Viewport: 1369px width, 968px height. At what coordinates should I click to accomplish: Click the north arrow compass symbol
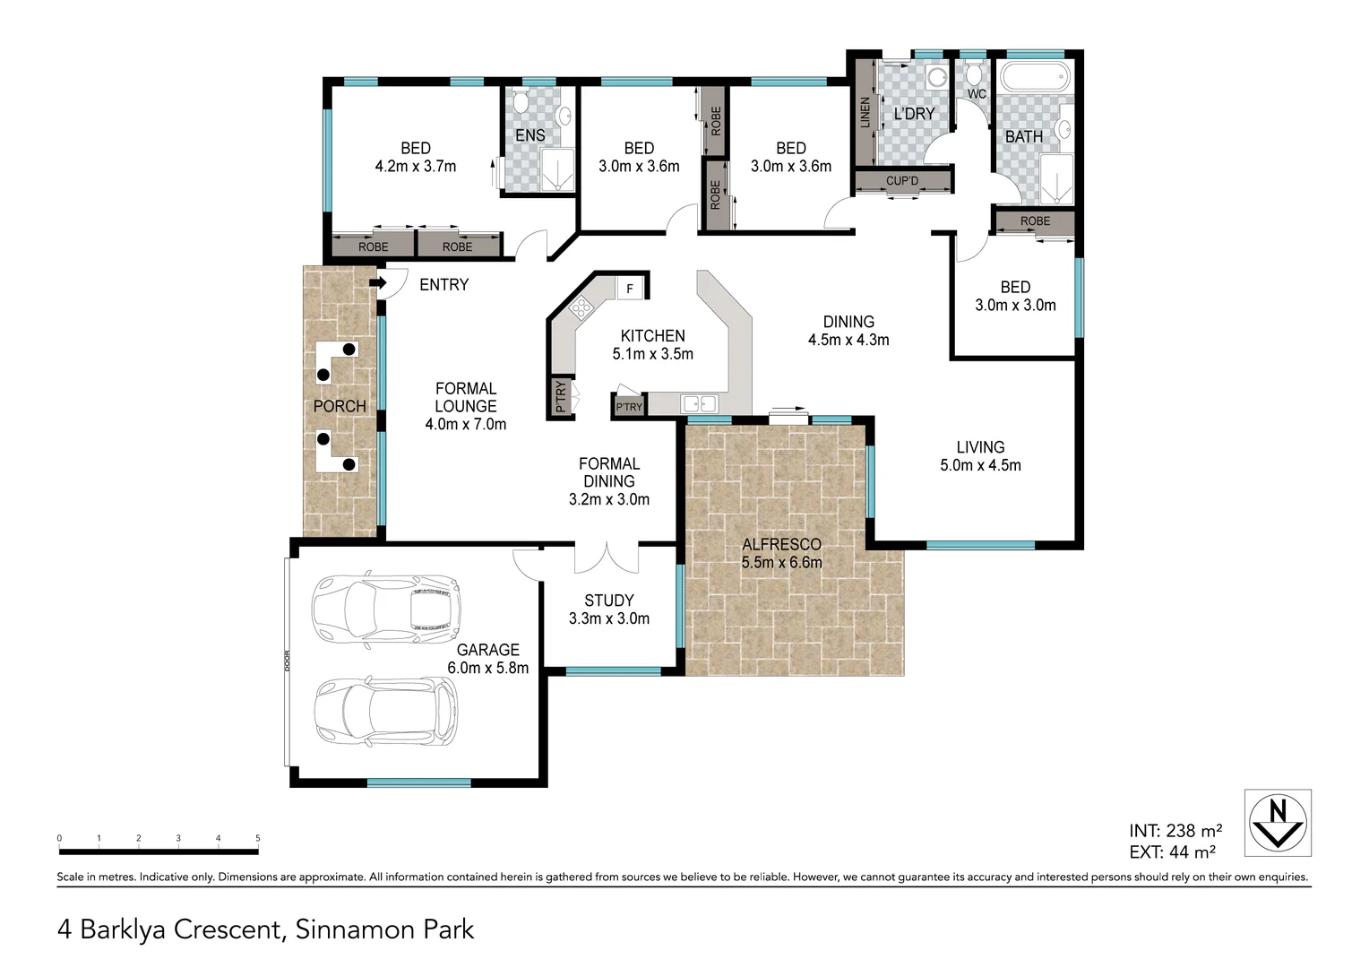(x=1278, y=823)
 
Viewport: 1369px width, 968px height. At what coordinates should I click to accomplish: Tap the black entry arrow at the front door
(x=377, y=283)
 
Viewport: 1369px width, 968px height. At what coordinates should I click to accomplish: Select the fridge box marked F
(x=630, y=289)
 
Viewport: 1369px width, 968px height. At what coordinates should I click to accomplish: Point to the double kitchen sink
(x=700, y=404)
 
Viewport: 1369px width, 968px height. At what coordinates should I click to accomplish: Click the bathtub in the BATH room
(x=1035, y=77)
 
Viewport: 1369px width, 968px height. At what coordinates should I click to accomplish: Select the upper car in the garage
(x=385, y=609)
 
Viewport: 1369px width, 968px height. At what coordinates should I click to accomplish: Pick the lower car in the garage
(x=386, y=712)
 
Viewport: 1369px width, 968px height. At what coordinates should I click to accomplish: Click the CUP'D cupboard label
(x=901, y=181)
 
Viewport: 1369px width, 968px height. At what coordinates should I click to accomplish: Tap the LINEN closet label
(x=865, y=113)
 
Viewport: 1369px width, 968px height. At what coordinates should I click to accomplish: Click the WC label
(x=977, y=94)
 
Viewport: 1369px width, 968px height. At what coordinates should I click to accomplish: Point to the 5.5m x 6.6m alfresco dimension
(x=781, y=563)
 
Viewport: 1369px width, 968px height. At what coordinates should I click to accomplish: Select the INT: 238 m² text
(x=1175, y=831)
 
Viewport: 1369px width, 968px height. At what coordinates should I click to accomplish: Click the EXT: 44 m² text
(x=1172, y=852)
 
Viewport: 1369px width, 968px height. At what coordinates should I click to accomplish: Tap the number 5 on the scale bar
(x=258, y=839)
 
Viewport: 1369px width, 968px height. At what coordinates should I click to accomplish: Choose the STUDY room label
(x=608, y=601)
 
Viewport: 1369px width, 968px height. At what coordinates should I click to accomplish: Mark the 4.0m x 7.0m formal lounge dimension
(x=465, y=424)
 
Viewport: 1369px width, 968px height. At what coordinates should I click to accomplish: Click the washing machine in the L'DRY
(x=936, y=77)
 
